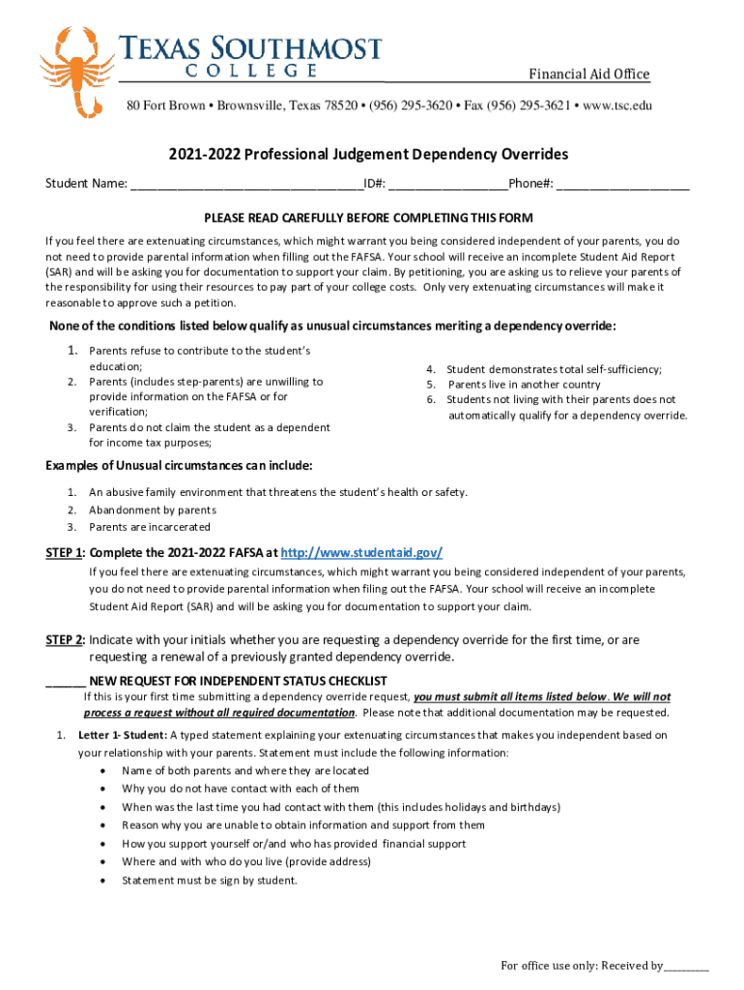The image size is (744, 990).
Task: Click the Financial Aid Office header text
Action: tap(587, 75)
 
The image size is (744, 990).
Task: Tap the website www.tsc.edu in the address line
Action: tap(610, 105)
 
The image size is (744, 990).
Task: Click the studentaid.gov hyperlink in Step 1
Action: tap(361, 552)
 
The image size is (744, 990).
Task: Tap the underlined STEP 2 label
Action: tap(65, 640)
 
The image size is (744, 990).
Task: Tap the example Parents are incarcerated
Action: tap(150, 527)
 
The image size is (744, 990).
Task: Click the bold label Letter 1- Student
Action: tap(123, 735)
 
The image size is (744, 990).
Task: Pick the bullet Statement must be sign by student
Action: tap(210, 880)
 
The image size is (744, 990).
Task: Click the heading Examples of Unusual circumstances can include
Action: tap(179, 465)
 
